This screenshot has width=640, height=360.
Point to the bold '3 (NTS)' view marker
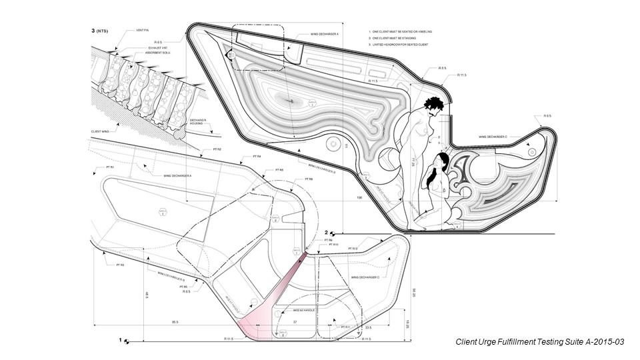point(99,31)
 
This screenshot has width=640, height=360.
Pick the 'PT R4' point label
point(256,156)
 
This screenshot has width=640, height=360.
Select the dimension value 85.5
point(175,323)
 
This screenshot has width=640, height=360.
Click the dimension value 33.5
point(368,328)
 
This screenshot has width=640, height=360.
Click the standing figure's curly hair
point(433,105)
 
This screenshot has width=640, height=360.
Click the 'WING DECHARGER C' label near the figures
point(493,137)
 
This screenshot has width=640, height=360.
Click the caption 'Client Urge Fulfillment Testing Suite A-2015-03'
point(539,341)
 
